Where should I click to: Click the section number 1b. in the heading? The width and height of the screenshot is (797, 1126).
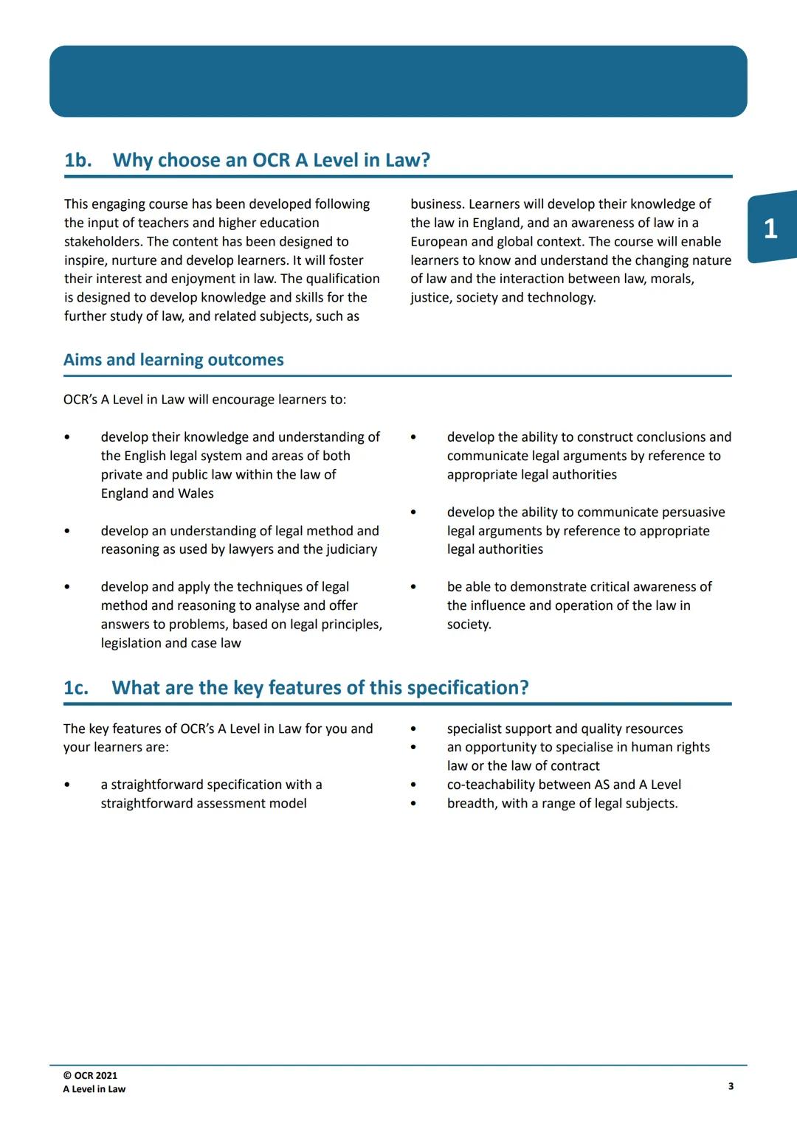(78, 160)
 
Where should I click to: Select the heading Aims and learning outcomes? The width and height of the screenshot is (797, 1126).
(173, 360)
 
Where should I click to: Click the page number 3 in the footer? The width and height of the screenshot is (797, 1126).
(731, 1085)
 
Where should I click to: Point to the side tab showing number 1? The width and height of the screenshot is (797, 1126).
(770, 228)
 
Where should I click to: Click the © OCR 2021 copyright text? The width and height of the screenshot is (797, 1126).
(90, 1075)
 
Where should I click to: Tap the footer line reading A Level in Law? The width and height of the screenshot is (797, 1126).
(94, 1089)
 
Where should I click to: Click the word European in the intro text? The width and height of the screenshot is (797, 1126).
(439, 241)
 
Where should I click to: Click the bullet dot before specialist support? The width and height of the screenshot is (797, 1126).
(413, 729)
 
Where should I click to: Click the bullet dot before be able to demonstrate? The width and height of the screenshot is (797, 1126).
(413, 587)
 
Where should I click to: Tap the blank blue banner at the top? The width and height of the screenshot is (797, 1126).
(398, 81)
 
